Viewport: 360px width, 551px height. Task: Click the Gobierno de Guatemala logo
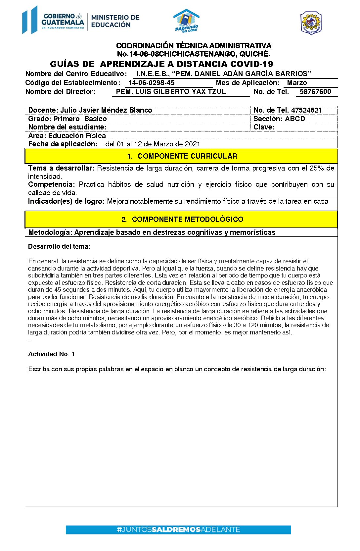tap(53, 20)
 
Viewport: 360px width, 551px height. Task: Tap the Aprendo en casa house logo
tap(187, 21)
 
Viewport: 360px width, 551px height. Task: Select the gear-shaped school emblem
tap(311, 23)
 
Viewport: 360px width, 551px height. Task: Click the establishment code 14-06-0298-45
tap(151, 83)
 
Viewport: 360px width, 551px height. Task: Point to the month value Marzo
tap(297, 83)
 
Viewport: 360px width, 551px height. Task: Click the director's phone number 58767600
tap(315, 92)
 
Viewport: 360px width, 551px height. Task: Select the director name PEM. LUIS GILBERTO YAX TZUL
tap(171, 92)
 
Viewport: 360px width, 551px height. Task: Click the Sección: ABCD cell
tap(279, 119)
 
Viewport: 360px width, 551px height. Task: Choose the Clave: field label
tap(264, 127)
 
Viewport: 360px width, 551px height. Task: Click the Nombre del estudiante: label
tap(67, 127)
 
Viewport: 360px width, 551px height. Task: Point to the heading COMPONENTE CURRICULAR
tap(187, 156)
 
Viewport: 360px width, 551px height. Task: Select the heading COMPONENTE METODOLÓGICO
tap(187, 220)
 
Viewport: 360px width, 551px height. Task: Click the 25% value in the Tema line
tap(317, 168)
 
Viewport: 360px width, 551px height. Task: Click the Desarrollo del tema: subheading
tap(59, 246)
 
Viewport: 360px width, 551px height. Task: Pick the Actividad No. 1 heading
tap(52, 354)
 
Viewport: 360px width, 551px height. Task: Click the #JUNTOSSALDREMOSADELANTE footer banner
tap(178, 529)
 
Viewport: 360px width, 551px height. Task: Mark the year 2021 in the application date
tap(192, 144)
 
